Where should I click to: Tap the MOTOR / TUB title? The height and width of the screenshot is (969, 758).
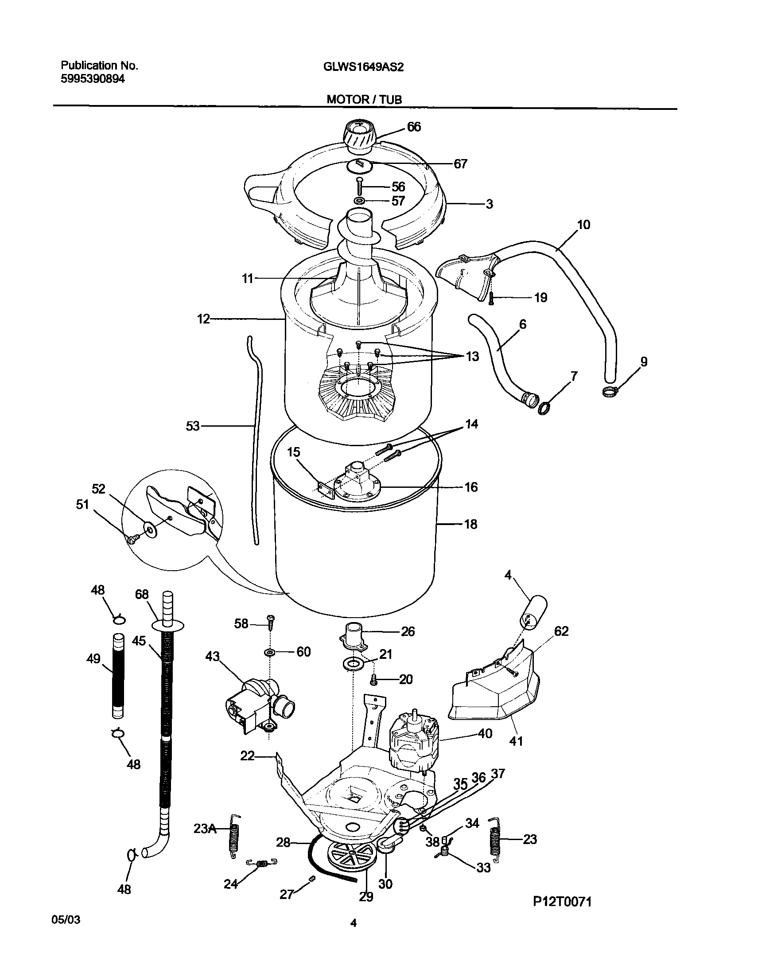tap(364, 99)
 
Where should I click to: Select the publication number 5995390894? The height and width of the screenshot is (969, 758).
tap(93, 79)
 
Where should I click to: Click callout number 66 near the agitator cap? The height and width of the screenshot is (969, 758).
tap(414, 127)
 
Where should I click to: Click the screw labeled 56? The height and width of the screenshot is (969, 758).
tap(359, 187)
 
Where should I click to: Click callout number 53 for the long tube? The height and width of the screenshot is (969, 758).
tap(193, 427)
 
